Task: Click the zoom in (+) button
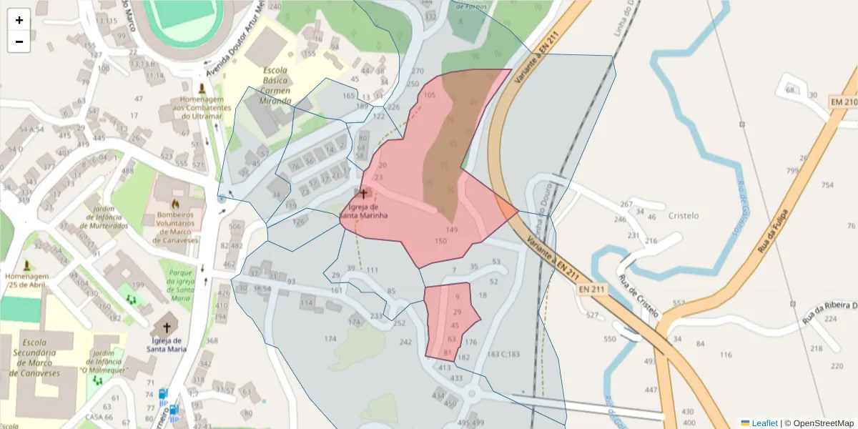19,20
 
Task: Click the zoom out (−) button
19,41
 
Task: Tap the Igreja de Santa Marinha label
363,211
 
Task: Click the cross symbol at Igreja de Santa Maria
167,327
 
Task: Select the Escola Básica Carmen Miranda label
275,86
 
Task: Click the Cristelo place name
683,215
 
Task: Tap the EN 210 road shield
843,103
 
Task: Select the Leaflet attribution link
764,423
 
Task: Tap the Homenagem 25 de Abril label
26,280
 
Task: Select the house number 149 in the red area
451,230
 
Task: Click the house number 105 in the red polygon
430,95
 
